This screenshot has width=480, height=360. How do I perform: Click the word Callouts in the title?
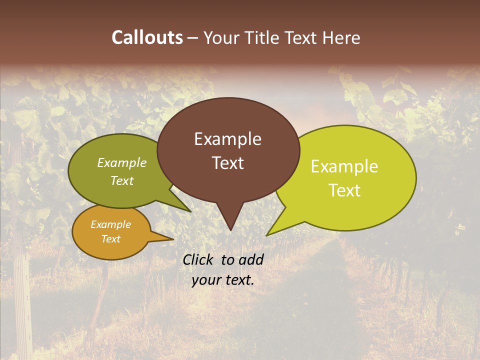pos(147,37)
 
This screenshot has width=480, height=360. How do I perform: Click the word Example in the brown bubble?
pos(227,139)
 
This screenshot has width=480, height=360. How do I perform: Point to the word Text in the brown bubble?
pos(227,163)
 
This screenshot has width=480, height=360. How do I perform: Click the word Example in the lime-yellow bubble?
pos(344,166)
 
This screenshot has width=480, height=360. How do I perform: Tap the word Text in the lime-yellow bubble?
pos(344,190)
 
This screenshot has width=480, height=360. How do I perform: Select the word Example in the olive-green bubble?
pos(122,162)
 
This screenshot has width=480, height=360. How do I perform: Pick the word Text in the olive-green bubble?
pos(122,180)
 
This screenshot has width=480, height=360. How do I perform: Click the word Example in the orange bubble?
pos(110,224)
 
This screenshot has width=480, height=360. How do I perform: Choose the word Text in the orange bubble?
pos(110,239)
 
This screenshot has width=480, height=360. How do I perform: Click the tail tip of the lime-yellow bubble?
pos(267,234)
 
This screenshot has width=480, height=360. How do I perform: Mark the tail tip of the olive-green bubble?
pos(190,211)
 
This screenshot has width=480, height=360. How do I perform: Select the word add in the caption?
pos(251,259)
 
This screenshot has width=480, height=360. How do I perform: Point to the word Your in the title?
pos(220,37)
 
